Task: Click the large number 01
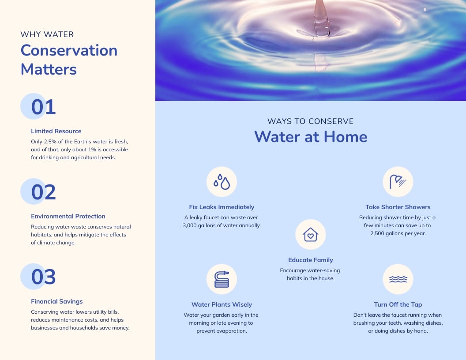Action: click(x=43, y=107)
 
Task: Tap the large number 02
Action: click(x=43, y=192)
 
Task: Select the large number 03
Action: click(x=43, y=277)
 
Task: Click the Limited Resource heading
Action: click(x=56, y=131)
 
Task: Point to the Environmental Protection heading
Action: click(x=68, y=216)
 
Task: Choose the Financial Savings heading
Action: click(x=56, y=301)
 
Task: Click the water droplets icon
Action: click(x=222, y=181)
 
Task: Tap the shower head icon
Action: click(x=398, y=181)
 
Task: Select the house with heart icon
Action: click(x=310, y=235)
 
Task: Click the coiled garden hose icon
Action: click(x=222, y=279)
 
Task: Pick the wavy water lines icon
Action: click(x=398, y=279)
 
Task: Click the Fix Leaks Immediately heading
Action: click(x=222, y=207)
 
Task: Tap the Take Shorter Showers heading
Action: click(x=398, y=207)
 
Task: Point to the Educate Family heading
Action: click(x=310, y=260)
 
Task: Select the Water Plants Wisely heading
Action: click(x=222, y=304)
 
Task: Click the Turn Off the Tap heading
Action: click(x=398, y=304)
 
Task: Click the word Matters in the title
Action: click(x=49, y=69)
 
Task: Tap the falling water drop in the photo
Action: click(x=321, y=20)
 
